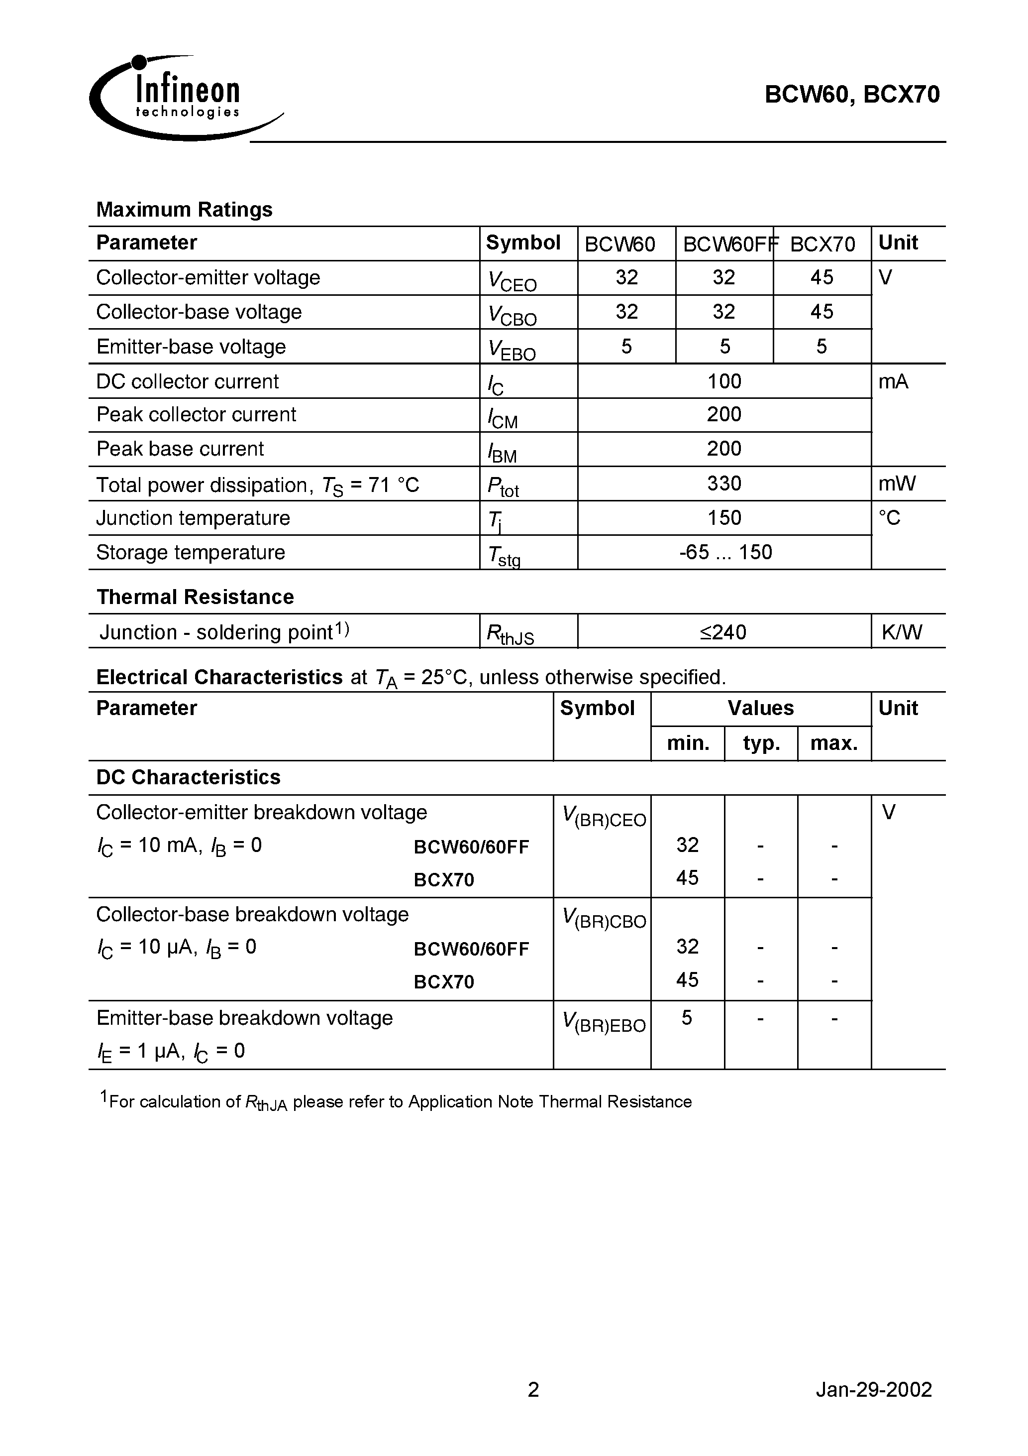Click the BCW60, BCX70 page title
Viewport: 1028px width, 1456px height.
pos(852,95)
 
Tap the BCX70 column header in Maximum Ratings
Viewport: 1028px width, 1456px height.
pos(822,243)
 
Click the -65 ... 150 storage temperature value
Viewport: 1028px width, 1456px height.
pos(725,552)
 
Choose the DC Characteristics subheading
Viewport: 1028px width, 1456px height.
pos(188,777)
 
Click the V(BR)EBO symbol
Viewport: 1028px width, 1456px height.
pos(604,1023)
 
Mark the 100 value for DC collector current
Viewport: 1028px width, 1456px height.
pos(724,381)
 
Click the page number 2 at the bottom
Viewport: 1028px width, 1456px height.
pos(533,1389)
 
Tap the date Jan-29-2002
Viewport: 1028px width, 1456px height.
pos(873,1389)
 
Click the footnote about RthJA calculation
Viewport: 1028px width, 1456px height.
pos(396,1101)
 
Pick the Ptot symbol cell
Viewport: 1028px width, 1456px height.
pos(503,486)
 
